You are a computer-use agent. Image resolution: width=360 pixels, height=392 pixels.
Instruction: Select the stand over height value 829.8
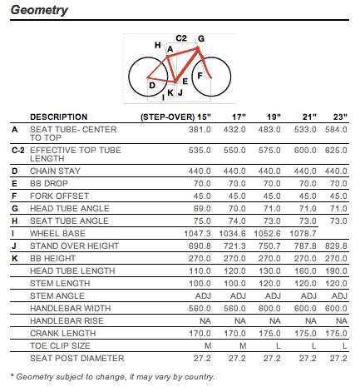click(x=336, y=247)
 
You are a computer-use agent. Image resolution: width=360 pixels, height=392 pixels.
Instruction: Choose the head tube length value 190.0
click(x=336, y=271)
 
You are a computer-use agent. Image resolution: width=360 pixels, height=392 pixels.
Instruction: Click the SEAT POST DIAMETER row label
click(x=70, y=358)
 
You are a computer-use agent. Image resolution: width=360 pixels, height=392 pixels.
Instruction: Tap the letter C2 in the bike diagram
click(x=181, y=38)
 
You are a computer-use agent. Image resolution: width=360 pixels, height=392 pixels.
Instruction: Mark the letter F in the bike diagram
click(x=199, y=76)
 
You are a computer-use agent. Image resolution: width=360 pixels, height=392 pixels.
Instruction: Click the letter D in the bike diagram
click(x=152, y=85)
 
